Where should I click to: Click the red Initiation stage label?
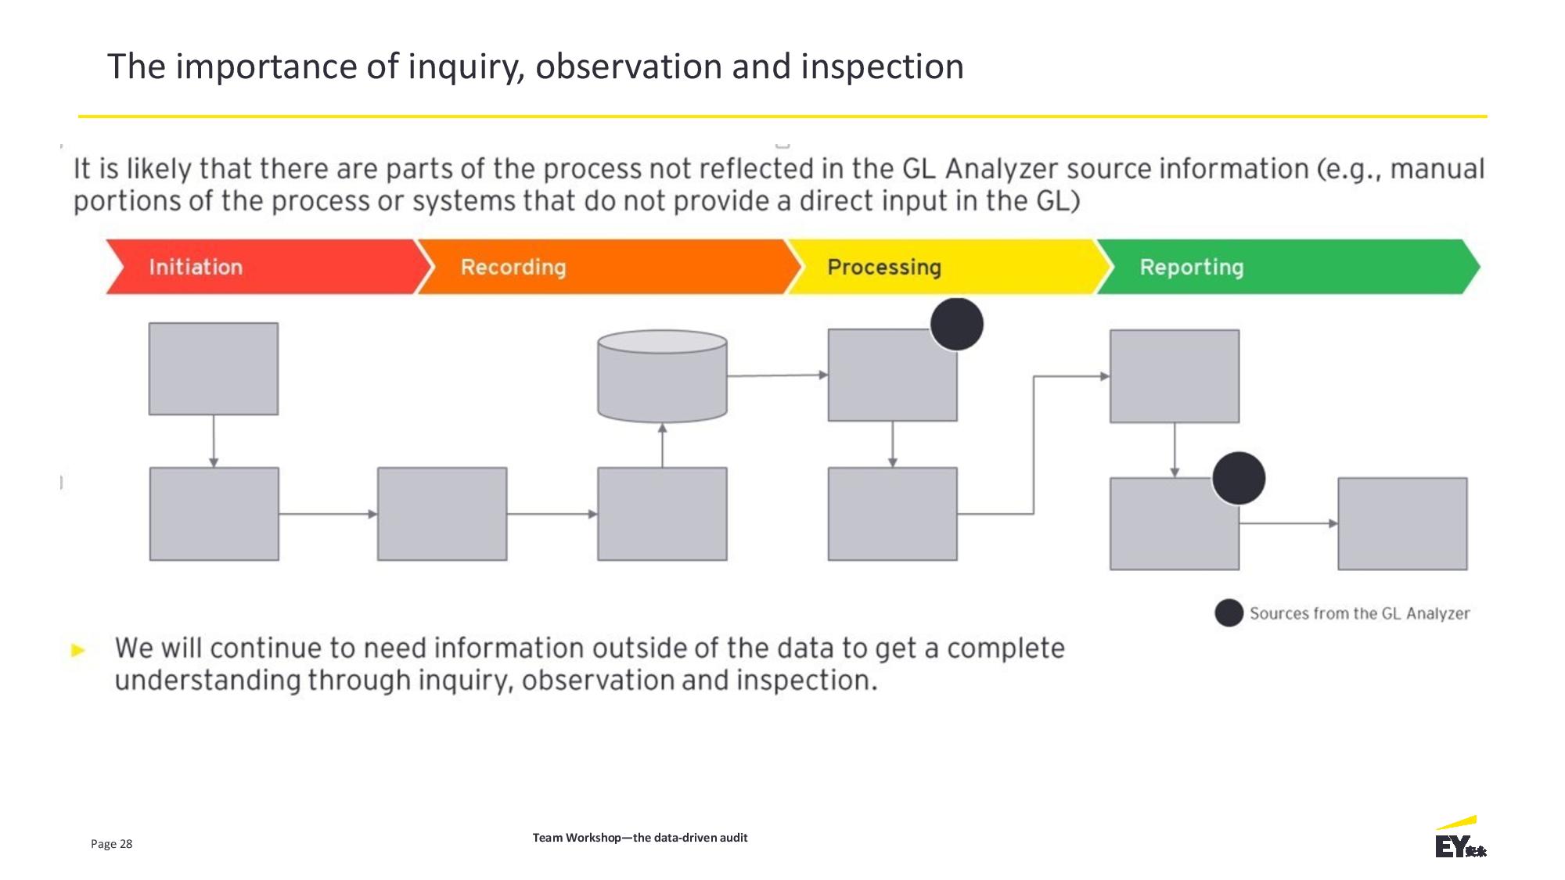pyautogui.click(x=196, y=267)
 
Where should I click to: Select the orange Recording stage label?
pyautogui.click(x=513, y=267)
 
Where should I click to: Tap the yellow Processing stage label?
pyautogui.click(x=884, y=268)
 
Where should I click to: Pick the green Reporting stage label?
pyautogui.click(x=1192, y=268)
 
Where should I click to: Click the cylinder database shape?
pyautogui.click(x=662, y=376)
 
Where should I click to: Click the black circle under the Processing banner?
pyautogui.click(x=957, y=324)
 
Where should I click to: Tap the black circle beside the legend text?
pyautogui.click(x=1229, y=613)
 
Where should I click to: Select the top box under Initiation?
pyautogui.click(x=214, y=368)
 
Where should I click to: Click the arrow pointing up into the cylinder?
pyautogui.click(x=662, y=446)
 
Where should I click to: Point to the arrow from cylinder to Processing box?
pyautogui.click(x=778, y=375)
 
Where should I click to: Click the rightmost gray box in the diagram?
pyautogui.click(x=1402, y=523)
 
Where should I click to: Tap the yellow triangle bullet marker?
pyautogui.click(x=78, y=650)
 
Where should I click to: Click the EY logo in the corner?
pyautogui.click(x=1460, y=837)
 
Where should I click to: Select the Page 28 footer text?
pyautogui.click(x=111, y=843)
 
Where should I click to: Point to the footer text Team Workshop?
pyautogui.click(x=576, y=837)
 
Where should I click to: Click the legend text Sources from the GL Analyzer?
pyautogui.click(x=1359, y=613)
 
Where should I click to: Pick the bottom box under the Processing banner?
pyautogui.click(x=892, y=514)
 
